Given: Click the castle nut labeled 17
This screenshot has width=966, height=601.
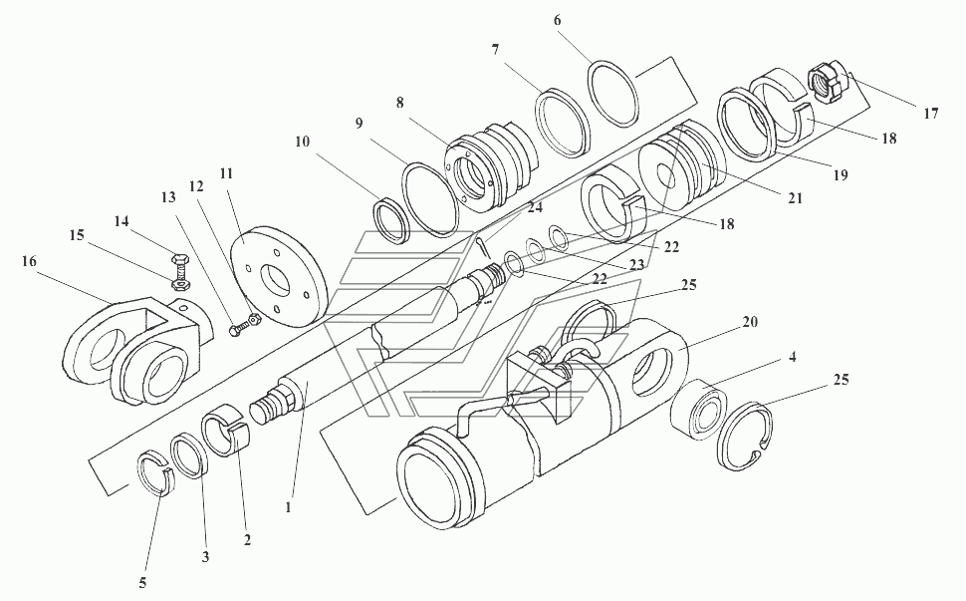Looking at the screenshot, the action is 824,84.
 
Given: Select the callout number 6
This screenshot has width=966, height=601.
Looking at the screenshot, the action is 557,20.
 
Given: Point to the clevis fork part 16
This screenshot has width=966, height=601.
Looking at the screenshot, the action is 138,348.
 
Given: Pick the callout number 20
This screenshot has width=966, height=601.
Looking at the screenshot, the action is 750,322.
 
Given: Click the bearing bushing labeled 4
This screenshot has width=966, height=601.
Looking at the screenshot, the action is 699,411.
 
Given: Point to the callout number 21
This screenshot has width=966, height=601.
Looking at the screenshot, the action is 795,198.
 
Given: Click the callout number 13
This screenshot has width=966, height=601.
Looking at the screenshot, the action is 168,197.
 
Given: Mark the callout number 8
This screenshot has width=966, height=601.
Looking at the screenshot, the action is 399,103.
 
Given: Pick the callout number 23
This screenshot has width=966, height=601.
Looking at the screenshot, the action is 636,265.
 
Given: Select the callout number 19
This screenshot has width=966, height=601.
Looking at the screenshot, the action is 841,175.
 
